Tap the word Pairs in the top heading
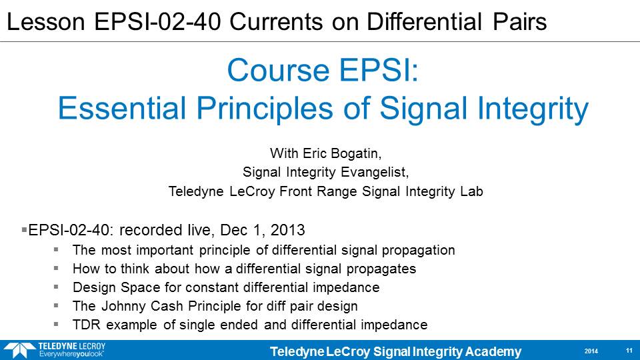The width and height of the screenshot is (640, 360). click(x=519, y=21)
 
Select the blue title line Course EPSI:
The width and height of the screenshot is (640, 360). click(x=323, y=70)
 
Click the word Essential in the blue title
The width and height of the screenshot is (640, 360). click(x=122, y=108)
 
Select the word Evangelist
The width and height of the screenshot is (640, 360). click(x=375, y=172)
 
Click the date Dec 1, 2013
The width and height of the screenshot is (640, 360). click(x=263, y=230)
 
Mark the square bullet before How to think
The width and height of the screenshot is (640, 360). click(x=56, y=268)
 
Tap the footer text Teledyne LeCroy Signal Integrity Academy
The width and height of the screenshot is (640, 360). click(x=395, y=351)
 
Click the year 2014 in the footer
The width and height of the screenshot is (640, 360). click(x=591, y=351)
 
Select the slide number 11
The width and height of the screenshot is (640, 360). click(x=629, y=351)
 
